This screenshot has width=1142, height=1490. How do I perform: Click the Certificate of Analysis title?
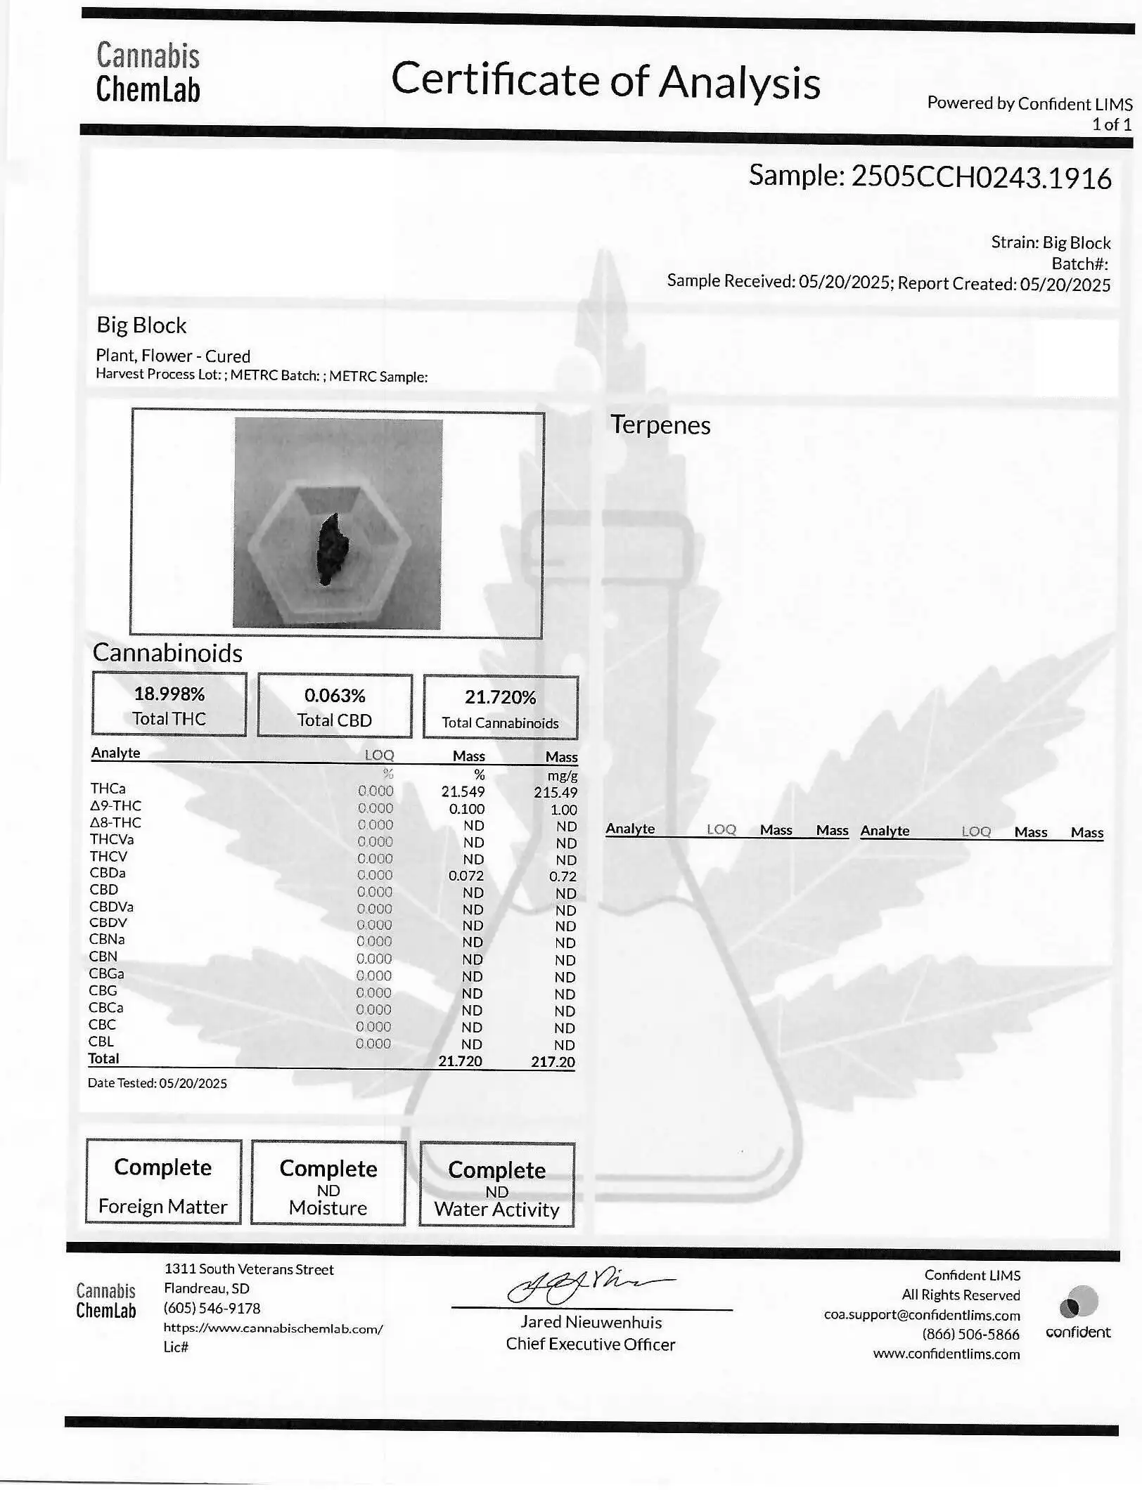[605, 80]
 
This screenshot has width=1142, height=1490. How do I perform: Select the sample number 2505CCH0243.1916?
[981, 177]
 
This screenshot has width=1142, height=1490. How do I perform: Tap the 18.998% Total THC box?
[169, 704]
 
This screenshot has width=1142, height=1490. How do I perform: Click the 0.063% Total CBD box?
[335, 706]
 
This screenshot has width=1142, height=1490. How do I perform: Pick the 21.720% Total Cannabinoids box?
[500, 708]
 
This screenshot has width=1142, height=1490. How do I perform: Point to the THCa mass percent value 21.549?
[463, 791]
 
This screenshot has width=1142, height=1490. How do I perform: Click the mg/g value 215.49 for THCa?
[555, 792]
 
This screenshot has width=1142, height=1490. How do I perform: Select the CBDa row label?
[108, 873]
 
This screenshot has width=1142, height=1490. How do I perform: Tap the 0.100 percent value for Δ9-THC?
[467, 809]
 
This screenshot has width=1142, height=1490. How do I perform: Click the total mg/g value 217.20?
[553, 1061]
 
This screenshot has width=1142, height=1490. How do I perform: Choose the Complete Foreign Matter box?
[163, 1183]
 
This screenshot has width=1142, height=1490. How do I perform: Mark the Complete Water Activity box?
[496, 1186]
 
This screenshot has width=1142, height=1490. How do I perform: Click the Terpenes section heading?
[660, 425]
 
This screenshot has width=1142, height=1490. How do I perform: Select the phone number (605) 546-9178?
[212, 1308]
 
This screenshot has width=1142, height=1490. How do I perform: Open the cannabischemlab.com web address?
[273, 1328]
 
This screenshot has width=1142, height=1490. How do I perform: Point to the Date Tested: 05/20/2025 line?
[158, 1083]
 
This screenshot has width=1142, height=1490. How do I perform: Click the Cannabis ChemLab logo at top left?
[148, 73]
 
